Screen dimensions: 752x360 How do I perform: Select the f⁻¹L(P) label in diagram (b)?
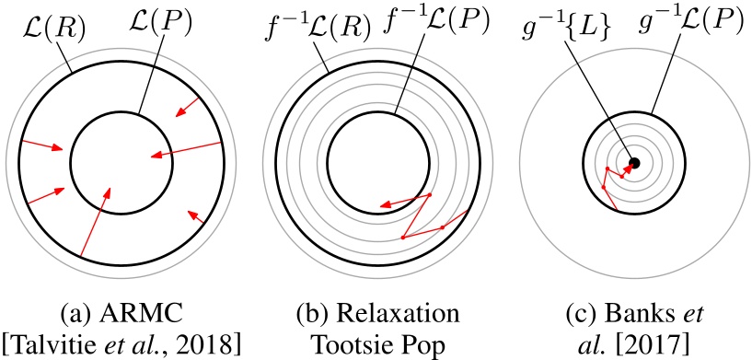pos(437,24)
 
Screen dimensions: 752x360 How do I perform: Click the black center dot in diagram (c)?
pos(634,163)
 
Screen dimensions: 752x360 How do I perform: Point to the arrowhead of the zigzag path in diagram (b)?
pos(383,206)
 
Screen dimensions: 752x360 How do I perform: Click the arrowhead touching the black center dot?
pos(628,168)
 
